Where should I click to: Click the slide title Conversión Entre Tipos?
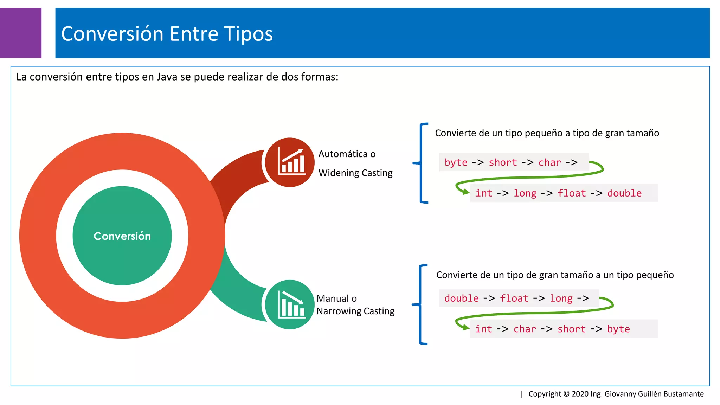coord(167,34)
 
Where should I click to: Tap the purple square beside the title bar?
coord(20,33)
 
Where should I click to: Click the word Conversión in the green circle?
coord(122,236)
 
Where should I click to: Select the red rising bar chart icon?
coord(290,162)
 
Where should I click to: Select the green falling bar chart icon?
coord(290,304)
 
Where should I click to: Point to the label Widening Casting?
coord(355,173)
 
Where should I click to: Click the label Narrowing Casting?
coord(355,311)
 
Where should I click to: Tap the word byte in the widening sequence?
coord(456,162)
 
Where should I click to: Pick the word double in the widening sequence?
coord(624,193)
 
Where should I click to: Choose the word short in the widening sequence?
coord(503,162)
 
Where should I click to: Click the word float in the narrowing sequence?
coord(514,298)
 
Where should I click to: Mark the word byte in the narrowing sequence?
coord(618,329)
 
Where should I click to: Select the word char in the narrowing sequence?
coord(525,329)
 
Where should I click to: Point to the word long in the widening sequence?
coord(525,193)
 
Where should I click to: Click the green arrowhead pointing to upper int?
coord(466,192)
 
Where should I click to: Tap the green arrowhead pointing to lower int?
coord(466,328)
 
